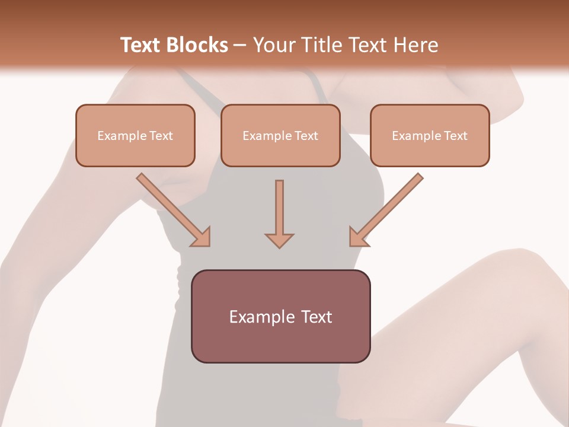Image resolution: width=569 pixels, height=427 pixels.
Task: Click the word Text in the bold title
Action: [140, 45]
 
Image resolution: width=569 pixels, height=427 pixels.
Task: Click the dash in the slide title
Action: [241, 46]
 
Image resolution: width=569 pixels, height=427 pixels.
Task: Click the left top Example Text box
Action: [135, 135]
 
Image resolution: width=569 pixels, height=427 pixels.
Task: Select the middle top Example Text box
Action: [280, 135]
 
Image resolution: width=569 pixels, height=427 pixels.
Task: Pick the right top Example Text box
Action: [430, 135]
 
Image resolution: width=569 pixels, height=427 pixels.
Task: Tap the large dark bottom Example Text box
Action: [280, 316]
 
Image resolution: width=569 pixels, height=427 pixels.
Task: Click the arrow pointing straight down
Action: [279, 213]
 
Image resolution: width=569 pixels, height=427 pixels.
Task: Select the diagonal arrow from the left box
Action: [172, 209]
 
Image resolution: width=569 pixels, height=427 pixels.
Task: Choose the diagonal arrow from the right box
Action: [387, 209]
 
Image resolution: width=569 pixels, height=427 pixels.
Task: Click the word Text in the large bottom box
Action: [316, 317]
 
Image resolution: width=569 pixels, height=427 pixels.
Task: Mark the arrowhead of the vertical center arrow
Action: [279, 240]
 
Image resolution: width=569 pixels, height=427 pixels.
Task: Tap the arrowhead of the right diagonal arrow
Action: [357, 237]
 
